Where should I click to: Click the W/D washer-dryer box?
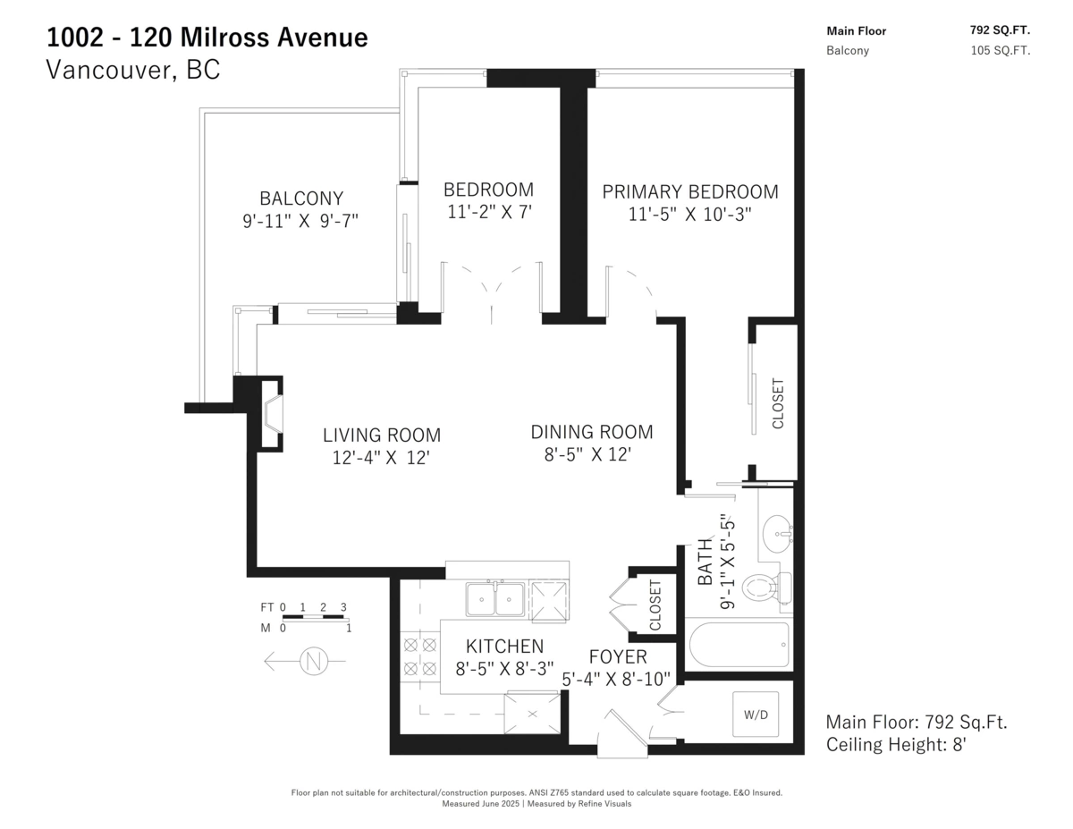755,714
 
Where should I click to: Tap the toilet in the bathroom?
766,588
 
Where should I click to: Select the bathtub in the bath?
739,645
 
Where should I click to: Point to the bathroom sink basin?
778,534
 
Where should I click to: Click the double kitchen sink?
495,599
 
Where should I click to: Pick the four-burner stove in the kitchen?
420,656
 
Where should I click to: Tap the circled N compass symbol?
314,661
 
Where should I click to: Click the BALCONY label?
301,199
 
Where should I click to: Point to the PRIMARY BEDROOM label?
689,191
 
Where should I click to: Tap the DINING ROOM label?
592,432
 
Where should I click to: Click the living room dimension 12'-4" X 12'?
381,458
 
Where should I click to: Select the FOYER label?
618,656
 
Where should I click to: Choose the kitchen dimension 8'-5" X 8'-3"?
504,669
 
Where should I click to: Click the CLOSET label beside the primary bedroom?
778,403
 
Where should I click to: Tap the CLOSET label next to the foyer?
655,605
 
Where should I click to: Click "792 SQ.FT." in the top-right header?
1000,30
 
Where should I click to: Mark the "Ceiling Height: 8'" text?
896,744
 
